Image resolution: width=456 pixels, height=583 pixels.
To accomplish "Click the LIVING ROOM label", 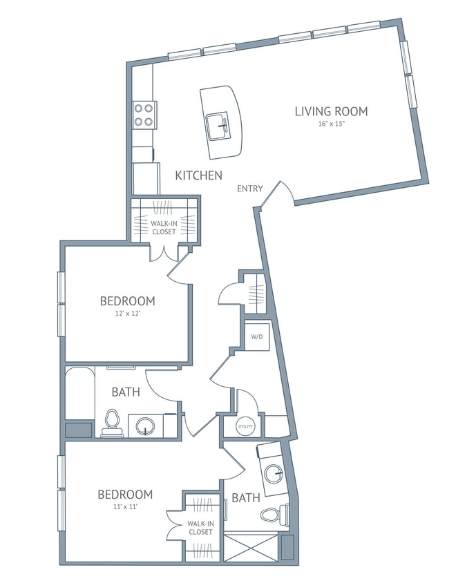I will tap(331, 111).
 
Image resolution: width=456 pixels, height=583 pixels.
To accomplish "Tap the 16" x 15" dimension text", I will tap(331, 124).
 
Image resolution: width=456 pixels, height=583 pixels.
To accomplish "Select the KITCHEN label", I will tap(198, 175).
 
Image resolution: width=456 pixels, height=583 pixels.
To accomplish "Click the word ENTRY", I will tap(249, 189).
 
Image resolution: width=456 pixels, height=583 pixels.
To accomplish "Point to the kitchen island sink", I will tap(218, 124).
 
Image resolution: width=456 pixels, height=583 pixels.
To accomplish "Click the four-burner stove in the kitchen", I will tap(143, 115).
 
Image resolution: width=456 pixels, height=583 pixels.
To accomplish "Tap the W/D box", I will tap(256, 337).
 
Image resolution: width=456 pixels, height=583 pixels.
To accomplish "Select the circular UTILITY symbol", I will tap(245, 427).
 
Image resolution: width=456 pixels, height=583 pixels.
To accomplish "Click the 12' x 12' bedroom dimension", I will tap(127, 314).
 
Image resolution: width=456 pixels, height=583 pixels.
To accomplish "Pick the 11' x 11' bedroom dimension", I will tap(124, 507).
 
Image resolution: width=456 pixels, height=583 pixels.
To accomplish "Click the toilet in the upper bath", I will tap(112, 423).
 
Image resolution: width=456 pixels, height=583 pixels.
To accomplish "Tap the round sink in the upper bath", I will tap(146, 426).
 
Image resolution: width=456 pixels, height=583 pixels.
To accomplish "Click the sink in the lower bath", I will tap(274, 474).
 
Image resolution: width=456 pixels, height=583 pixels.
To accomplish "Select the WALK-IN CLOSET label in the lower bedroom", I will tap(200, 528).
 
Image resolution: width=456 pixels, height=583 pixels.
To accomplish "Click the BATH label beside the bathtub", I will tap(126, 392).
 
